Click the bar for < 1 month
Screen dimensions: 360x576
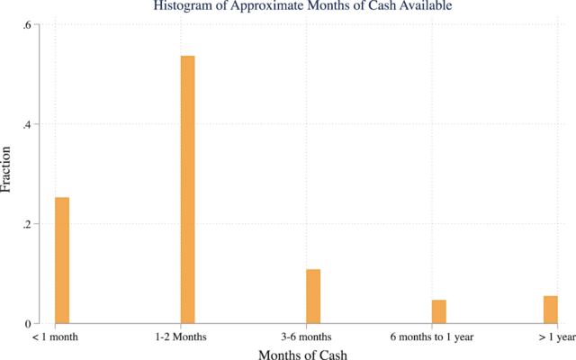(62, 260)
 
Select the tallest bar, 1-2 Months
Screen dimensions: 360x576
(187, 189)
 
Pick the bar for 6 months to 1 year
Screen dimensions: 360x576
(438, 311)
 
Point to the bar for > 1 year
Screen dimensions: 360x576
(550, 310)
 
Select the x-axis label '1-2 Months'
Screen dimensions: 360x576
(180, 337)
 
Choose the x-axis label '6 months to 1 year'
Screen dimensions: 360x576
(432, 337)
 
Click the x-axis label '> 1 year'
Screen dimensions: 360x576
(555, 337)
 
